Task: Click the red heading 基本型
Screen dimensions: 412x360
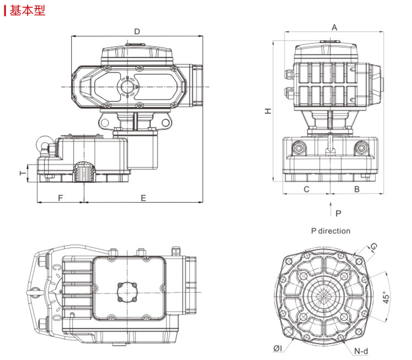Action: click(x=27, y=11)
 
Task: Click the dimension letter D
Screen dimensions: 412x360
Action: click(x=137, y=32)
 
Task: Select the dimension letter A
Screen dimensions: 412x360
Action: click(x=334, y=27)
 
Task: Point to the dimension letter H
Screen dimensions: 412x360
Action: click(x=268, y=111)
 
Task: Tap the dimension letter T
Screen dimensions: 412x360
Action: click(x=23, y=173)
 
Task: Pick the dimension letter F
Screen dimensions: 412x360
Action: click(x=61, y=198)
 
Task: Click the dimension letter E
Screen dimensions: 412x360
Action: click(x=143, y=198)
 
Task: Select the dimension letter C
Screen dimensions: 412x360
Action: click(x=307, y=189)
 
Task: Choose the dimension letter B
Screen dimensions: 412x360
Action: click(x=356, y=189)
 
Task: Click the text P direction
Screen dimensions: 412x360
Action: click(x=330, y=231)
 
